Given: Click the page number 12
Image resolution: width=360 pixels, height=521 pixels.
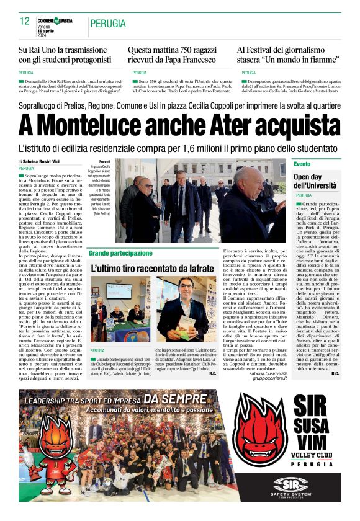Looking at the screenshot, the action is pos(25,21).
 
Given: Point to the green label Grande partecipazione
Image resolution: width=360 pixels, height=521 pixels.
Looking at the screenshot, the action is pos(120,253).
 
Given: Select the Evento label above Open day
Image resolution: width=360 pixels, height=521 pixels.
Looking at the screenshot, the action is pos(302,164).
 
